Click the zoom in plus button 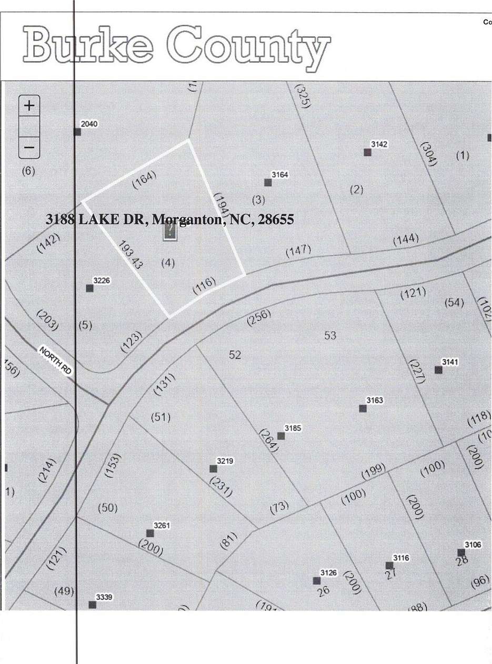coord(29,105)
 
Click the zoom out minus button coord(29,148)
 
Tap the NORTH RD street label coord(55,360)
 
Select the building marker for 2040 coord(77,132)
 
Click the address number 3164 coord(280,174)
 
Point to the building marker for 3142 coord(367,152)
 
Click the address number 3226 coord(102,280)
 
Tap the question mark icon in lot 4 coord(170,232)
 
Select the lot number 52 coord(235,355)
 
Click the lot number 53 coord(330,335)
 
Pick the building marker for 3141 coord(438,369)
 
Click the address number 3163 coord(375,401)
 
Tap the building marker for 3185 coord(281,436)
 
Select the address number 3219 coord(225,461)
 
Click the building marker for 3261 coord(150,533)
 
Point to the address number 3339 coord(104,597)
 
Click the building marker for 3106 coord(461,553)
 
